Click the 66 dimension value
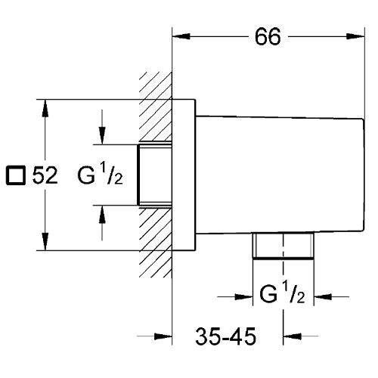[268, 37]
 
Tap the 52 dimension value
[45, 175]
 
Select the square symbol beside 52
[16, 175]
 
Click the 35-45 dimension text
[225, 336]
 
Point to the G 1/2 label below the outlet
[282, 293]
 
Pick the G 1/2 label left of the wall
[100, 174]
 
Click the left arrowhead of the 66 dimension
[181, 36]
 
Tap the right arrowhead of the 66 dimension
[355, 36]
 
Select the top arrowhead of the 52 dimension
[45, 108]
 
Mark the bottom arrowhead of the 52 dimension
[45, 241]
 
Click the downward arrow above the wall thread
[102, 127]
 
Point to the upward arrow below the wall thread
[102, 223]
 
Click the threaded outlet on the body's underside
[283, 246]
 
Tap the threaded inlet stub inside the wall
[154, 175]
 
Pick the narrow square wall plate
[184, 175]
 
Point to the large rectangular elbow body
[280, 175]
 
